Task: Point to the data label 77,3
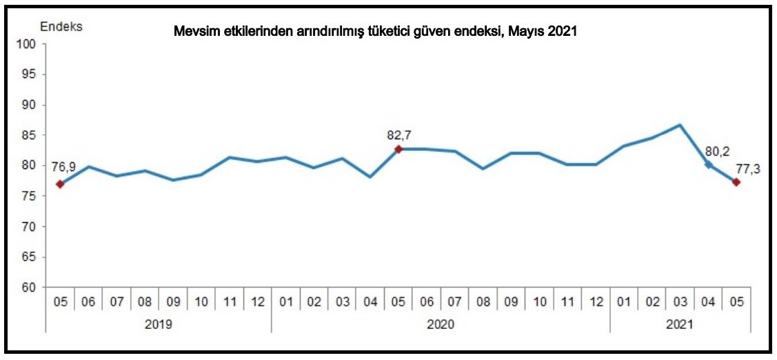coord(747,170)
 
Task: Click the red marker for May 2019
coord(61,184)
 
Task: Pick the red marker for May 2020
coord(398,149)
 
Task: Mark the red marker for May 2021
coord(736,182)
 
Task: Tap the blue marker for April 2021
coord(708,164)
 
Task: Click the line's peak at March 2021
coord(680,125)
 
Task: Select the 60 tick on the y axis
coord(30,288)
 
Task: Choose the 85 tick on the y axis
coord(30,135)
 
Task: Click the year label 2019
coord(159,323)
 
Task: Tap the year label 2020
coord(441,323)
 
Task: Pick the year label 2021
coord(680,323)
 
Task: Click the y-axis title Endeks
coord(61,27)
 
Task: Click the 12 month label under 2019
coord(257,302)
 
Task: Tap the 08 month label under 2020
coord(483,302)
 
